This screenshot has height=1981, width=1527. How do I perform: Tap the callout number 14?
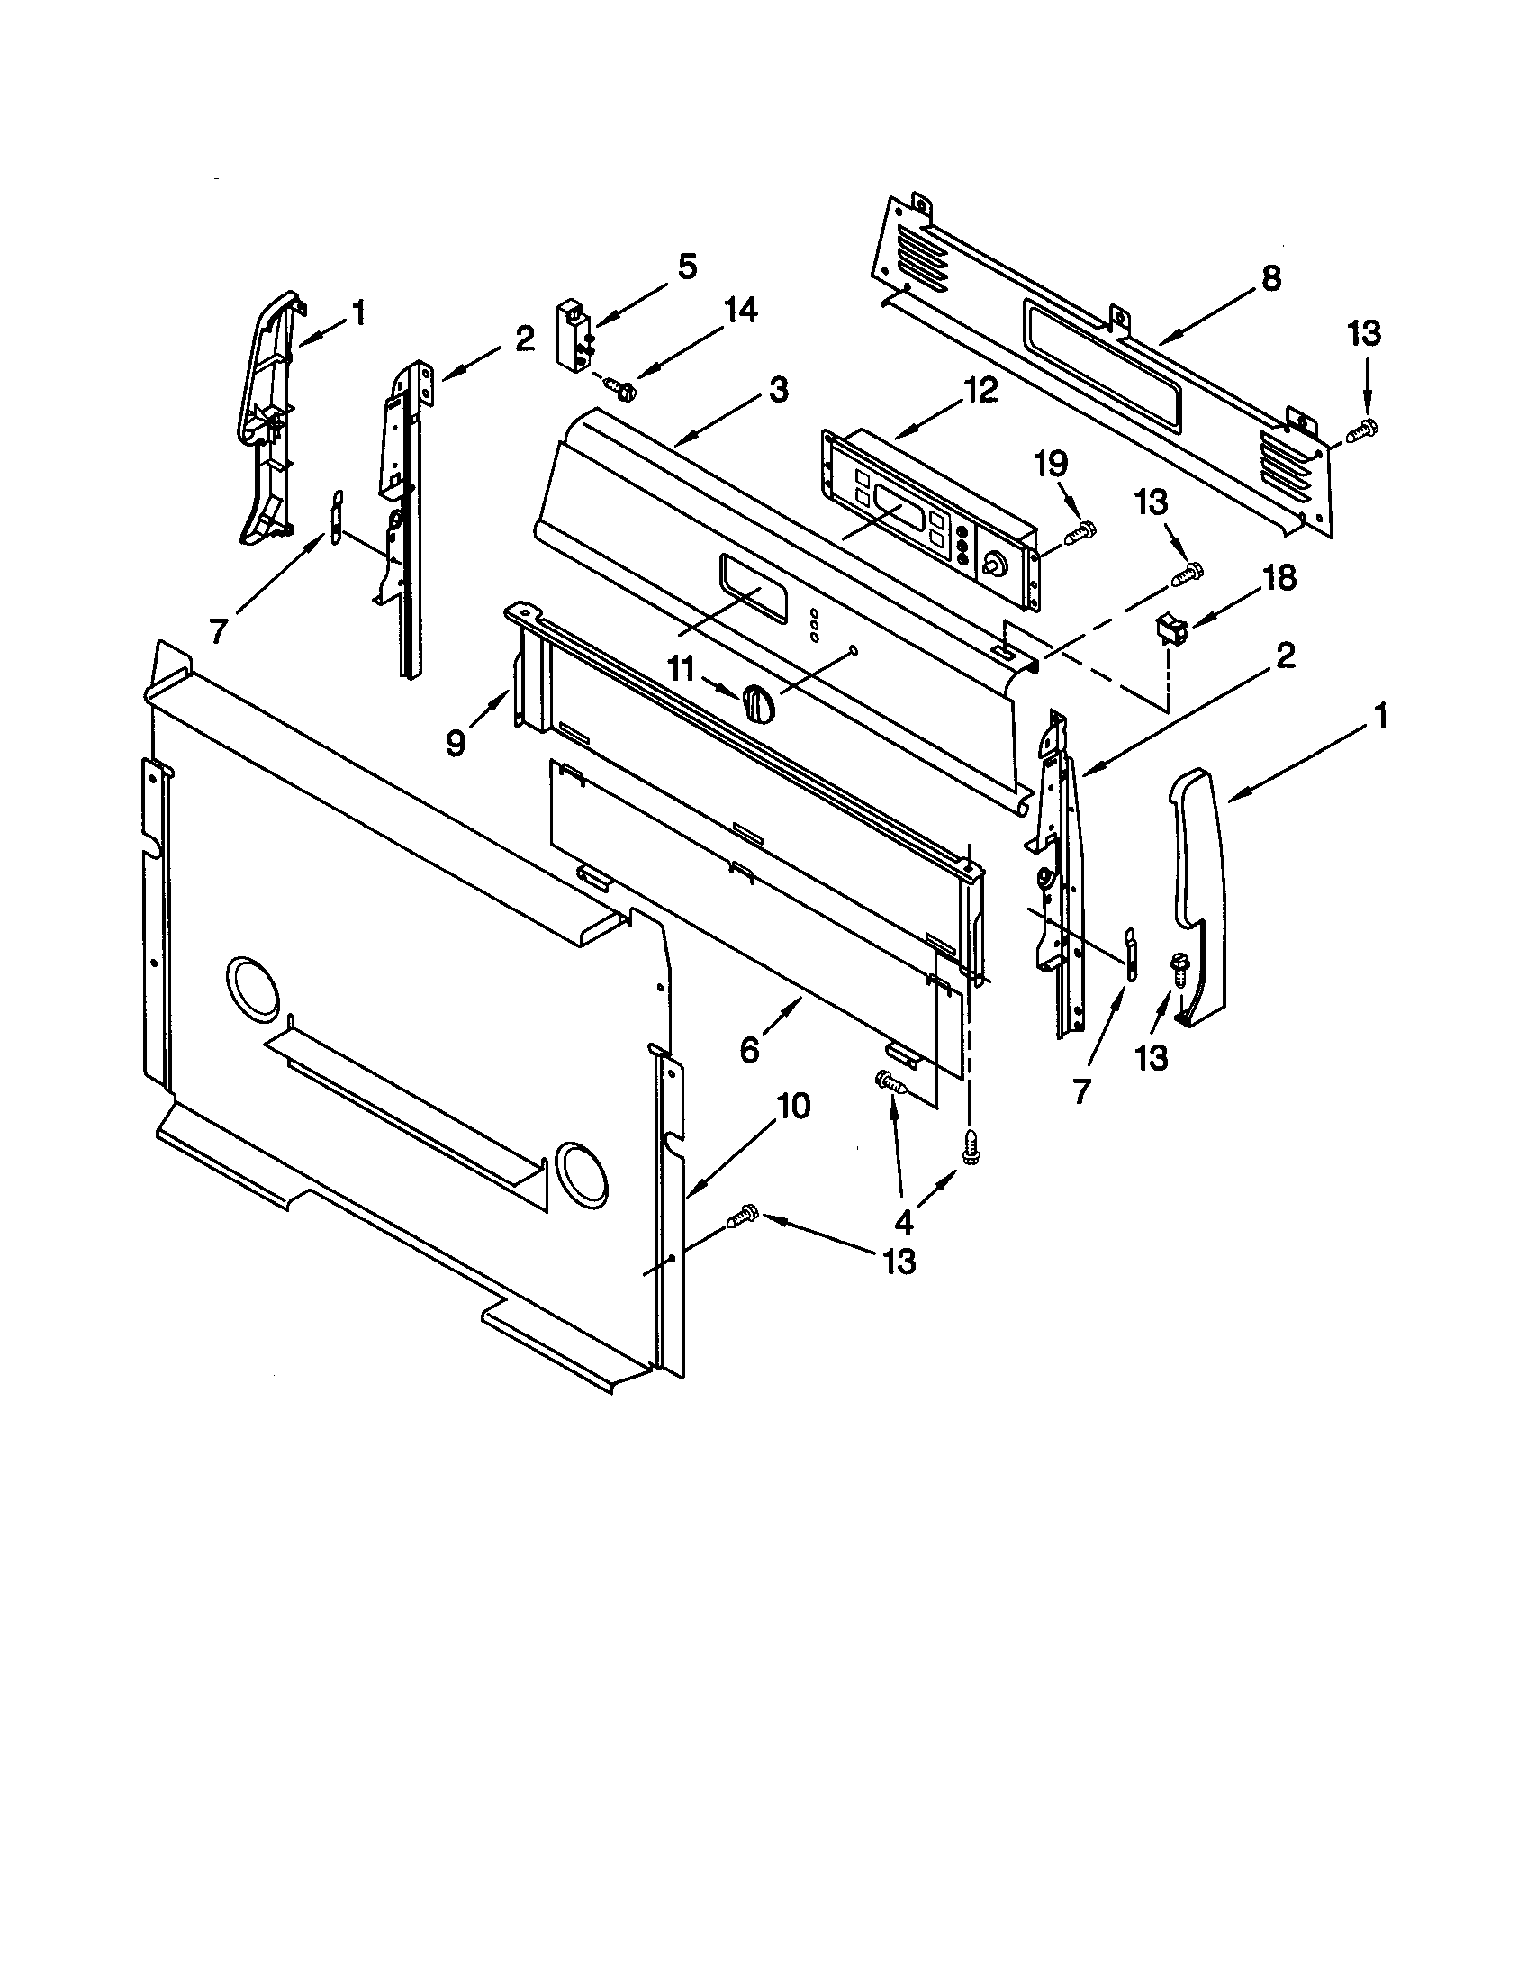pyautogui.click(x=739, y=311)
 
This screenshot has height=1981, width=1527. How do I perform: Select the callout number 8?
pyautogui.click(x=1271, y=277)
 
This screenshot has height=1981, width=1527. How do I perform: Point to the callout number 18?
pyautogui.click(x=1279, y=578)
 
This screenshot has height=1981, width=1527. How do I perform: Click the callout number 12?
pyautogui.click(x=980, y=390)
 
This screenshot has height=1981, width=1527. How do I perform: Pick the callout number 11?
pyautogui.click(x=681, y=670)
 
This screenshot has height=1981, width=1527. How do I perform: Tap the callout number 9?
pyautogui.click(x=456, y=743)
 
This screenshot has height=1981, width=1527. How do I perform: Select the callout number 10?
pyautogui.click(x=792, y=1108)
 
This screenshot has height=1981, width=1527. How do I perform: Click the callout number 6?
pyautogui.click(x=749, y=1048)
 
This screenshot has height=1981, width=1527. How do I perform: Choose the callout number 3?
pyautogui.click(x=778, y=391)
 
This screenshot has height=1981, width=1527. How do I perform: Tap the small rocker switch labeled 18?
pyautogui.click(x=1169, y=625)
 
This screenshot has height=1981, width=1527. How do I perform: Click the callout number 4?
pyautogui.click(x=904, y=1224)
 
